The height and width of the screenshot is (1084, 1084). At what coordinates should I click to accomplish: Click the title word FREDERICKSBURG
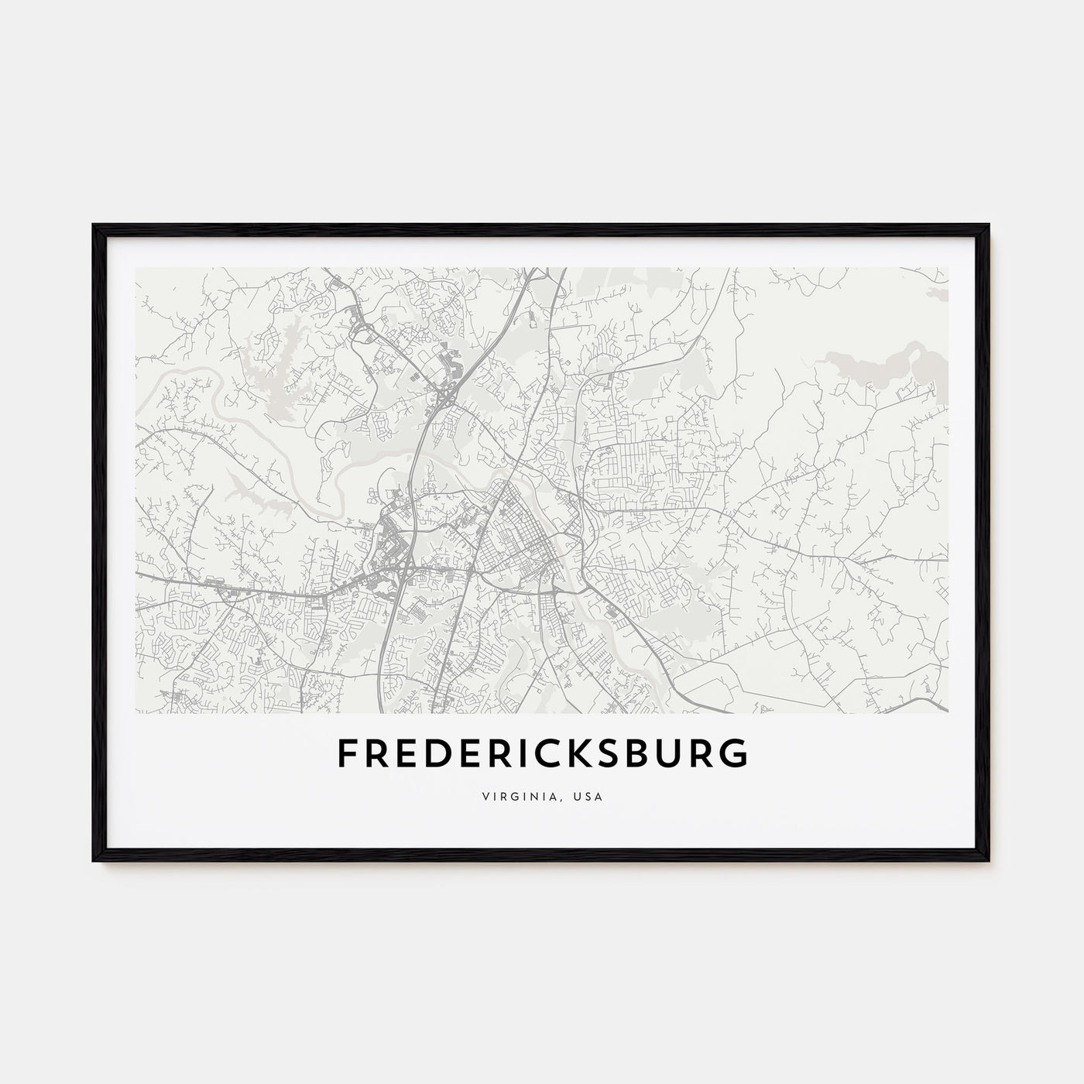pyautogui.click(x=542, y=753)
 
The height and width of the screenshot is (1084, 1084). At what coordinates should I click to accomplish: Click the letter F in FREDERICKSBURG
pyautogui.click(x=347, y=753)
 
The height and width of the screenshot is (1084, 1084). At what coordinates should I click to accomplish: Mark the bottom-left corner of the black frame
pyautogui.click(x=94, y=859)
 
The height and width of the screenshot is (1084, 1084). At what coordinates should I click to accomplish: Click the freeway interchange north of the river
pyautogui.click(x=448, y=398)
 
